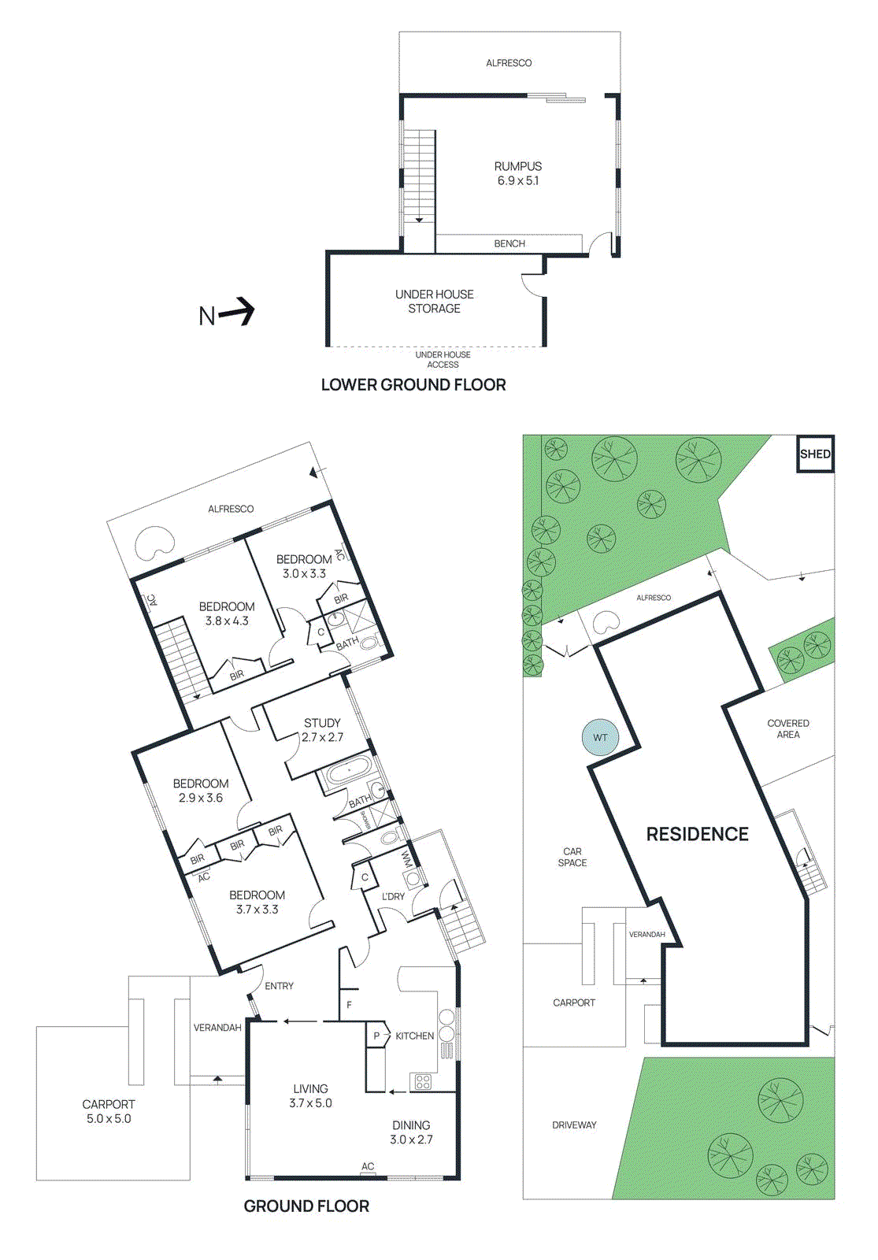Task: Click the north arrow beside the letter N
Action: (x=238, y=313)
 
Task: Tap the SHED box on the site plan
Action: (x=814, y=454)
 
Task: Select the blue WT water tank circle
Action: (x=600, y=738)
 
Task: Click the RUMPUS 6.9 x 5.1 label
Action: (x=517, y=173)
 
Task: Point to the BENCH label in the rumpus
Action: (x=509, y=244)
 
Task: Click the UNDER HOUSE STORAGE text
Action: (x=435, y=302)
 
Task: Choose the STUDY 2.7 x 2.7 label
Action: (x=322, y=730)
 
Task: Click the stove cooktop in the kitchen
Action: (x=423, y=1081)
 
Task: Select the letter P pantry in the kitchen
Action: (x=376, y=1036)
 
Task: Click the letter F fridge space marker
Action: (x=350, y=1005)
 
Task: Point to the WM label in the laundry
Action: (x=407, y=858)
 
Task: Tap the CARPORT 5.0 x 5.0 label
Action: (x=109, y=1111)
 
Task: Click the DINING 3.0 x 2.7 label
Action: (x=411, y=1132)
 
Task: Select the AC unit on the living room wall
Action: (x=368, y=1174)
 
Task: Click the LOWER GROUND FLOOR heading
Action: (x=413, y=385)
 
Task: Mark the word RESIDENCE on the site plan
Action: (x=697, y=834)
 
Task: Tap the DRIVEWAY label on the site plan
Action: (x=574, y=1125)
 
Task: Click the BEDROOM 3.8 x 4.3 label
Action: (x=227, y=613)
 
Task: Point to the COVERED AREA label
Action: (x=787, y=728)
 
